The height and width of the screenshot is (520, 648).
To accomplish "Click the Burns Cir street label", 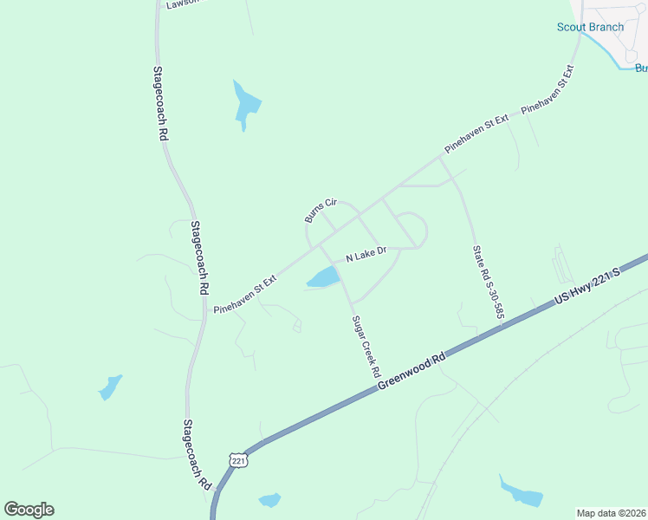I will click(320, 210).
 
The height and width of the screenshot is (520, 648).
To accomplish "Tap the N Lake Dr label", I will click(365, 254).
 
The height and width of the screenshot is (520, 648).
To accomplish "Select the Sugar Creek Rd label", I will click(366, 346).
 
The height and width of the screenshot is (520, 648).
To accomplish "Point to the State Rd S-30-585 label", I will click(488, 283).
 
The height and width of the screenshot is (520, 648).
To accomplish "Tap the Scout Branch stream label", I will click(590, 27).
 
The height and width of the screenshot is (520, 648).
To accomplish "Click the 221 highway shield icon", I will click(239, 460).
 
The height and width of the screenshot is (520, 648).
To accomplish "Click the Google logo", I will click(29, 510).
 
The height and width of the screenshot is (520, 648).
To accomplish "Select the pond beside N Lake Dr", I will click(322, 277).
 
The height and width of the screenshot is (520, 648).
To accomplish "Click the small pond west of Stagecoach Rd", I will click(110, 387).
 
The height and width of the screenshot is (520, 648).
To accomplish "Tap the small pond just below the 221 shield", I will click(270, 500).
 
